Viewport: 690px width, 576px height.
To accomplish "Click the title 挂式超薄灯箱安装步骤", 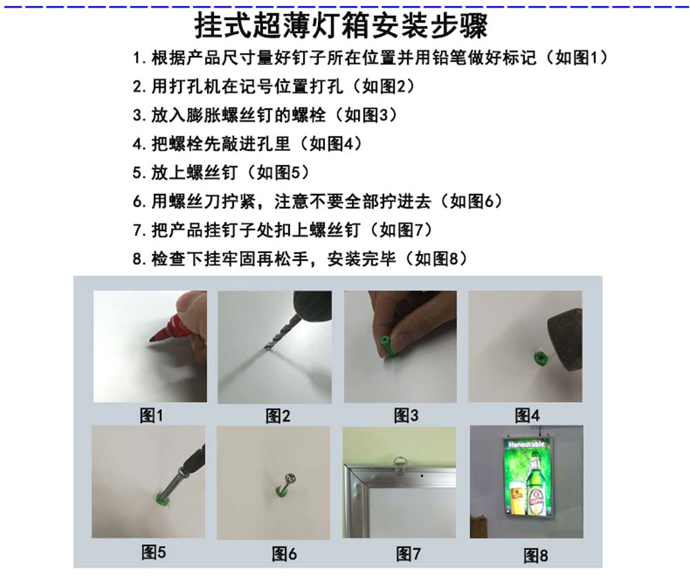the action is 342,26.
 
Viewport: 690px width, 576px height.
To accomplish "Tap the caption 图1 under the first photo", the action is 151,415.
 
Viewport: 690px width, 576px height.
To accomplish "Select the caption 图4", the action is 526,415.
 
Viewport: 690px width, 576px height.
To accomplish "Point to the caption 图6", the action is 284,553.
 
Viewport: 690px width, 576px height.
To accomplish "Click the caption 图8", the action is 535,555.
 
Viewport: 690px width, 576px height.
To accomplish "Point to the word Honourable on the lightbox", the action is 526,444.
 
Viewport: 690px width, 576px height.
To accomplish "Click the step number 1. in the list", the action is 139,58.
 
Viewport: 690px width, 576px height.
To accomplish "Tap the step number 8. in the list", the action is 139,259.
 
